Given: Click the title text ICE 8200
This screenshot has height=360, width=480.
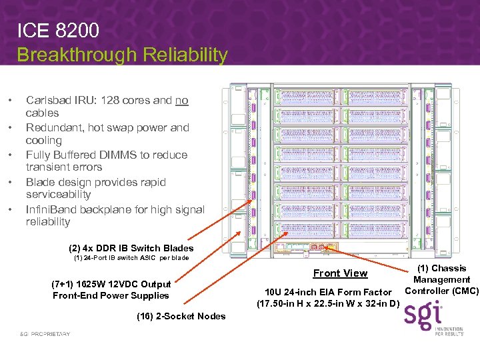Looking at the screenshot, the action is pos(58,31).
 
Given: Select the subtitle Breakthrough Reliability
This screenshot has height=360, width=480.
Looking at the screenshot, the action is pos(122,55).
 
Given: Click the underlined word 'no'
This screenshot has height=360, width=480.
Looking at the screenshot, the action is pos(181,101).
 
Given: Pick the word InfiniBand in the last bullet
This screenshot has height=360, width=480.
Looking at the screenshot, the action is pos(53,209).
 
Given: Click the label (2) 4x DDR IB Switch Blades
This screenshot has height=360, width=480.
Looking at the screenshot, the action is pos(131,248).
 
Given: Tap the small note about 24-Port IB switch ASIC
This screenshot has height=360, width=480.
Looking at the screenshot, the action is pos(131,258).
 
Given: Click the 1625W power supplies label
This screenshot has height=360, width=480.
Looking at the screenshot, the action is pos(111,289).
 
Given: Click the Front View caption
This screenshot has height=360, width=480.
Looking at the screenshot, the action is pos(340,273).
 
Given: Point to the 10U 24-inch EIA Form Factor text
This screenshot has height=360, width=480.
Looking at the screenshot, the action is pos(328,292).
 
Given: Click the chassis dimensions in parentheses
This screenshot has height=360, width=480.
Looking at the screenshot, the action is pos(328,305).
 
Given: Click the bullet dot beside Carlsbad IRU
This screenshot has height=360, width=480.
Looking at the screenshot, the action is pos(9,101).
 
